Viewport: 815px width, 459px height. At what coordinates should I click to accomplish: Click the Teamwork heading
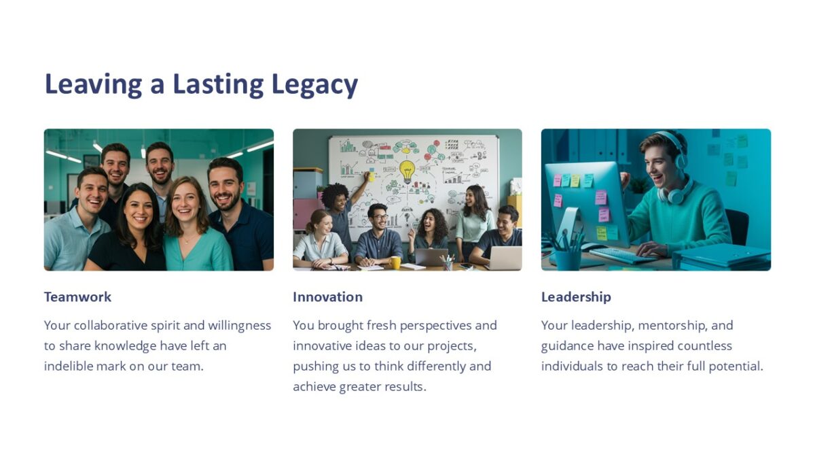tap(77, 297)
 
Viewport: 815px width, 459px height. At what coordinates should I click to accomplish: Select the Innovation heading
tap(327, 297)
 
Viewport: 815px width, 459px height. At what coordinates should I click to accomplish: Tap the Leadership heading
tap(576, 297)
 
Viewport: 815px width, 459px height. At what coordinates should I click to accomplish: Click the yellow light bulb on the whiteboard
tap(406, 170)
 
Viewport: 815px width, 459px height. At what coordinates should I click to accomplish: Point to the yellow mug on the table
tap(395, 262)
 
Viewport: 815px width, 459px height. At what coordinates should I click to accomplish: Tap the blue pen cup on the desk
tap(567, 258)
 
